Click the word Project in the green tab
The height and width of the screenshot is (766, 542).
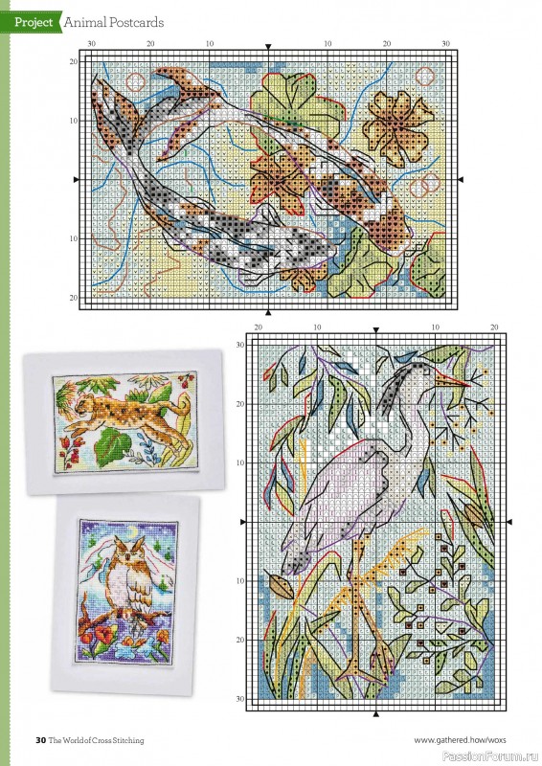pos(34,21)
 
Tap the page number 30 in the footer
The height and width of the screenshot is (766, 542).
pos(41,739)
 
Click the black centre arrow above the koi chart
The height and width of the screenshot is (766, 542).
pos(268,46)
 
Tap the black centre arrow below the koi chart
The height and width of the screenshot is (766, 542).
pos(268,312)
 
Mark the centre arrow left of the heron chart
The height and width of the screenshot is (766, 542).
pos(242,522)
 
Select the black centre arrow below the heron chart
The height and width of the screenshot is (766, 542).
pos(376,714)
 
